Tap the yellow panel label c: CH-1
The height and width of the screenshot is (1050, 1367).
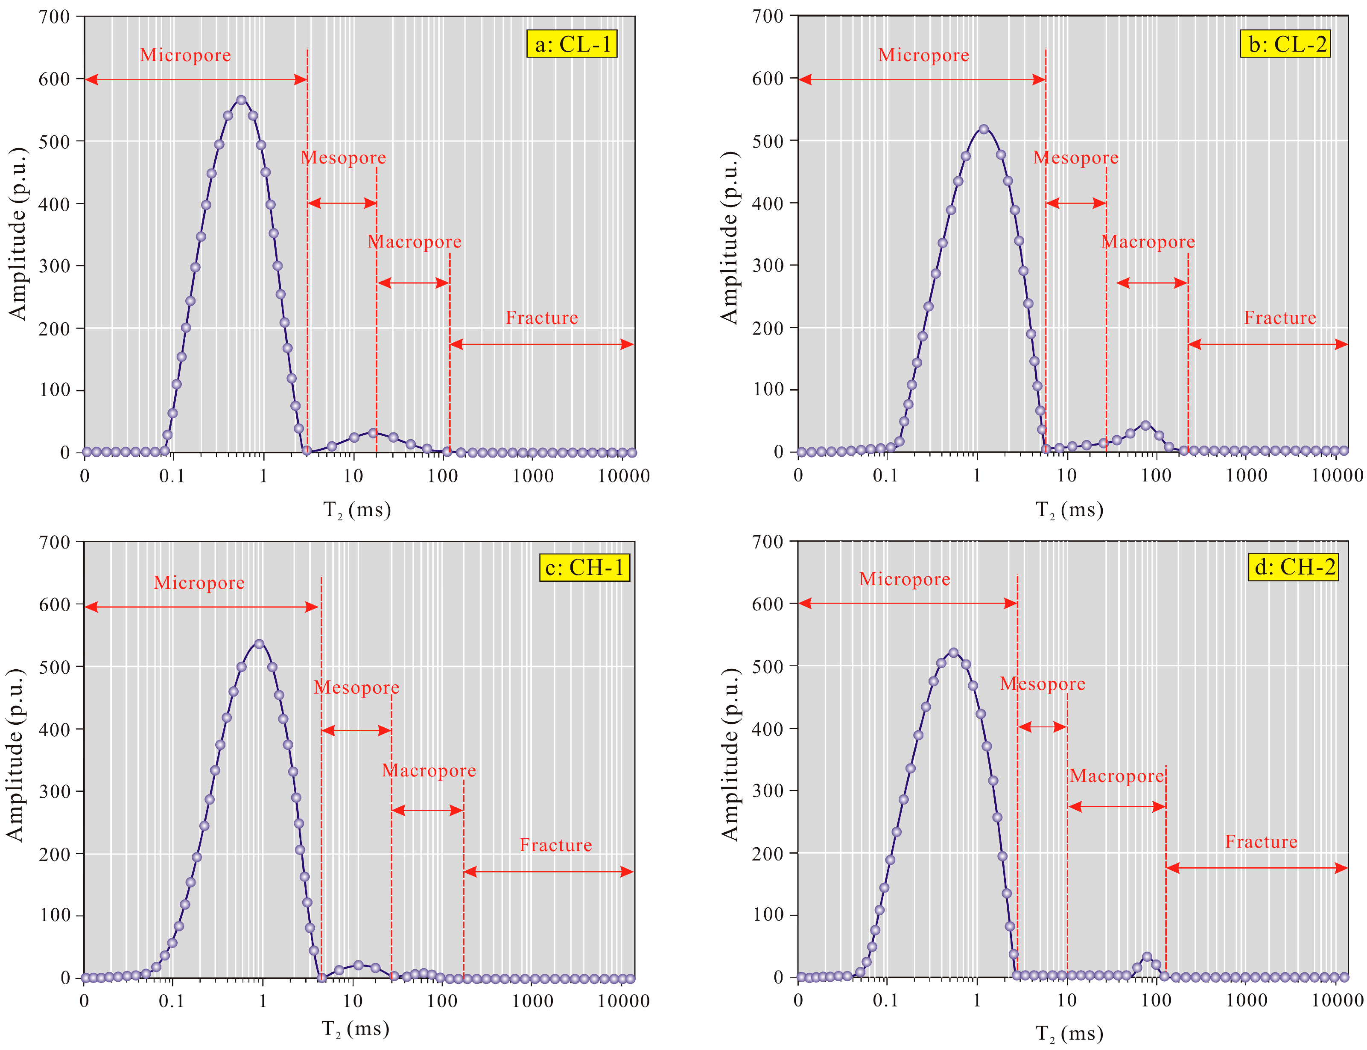tap(584, 568)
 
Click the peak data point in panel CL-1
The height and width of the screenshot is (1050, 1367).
tap(241, 100)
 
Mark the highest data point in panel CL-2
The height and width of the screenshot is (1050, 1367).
tap(984, 129)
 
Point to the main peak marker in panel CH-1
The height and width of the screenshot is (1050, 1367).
tap(259, 644)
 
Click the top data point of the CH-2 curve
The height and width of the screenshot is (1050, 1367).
tap(953, 653)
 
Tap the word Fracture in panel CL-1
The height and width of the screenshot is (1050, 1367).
tap(542, 318)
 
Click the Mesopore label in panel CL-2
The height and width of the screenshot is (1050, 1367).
tap(1076, 157)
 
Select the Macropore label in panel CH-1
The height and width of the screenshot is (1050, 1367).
tap(429, 770)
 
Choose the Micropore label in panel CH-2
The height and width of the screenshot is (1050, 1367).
tap(905, 579)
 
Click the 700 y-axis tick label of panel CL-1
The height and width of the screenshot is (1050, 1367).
tap(54, 17)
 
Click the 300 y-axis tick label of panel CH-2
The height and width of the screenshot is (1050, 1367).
tap(768, 790)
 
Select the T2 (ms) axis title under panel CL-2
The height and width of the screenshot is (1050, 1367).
tap(1069, 510)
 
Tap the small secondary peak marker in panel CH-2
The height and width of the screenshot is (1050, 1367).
tap(1146, 957)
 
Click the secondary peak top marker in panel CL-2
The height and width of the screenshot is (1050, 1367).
tap(1145, 425)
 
